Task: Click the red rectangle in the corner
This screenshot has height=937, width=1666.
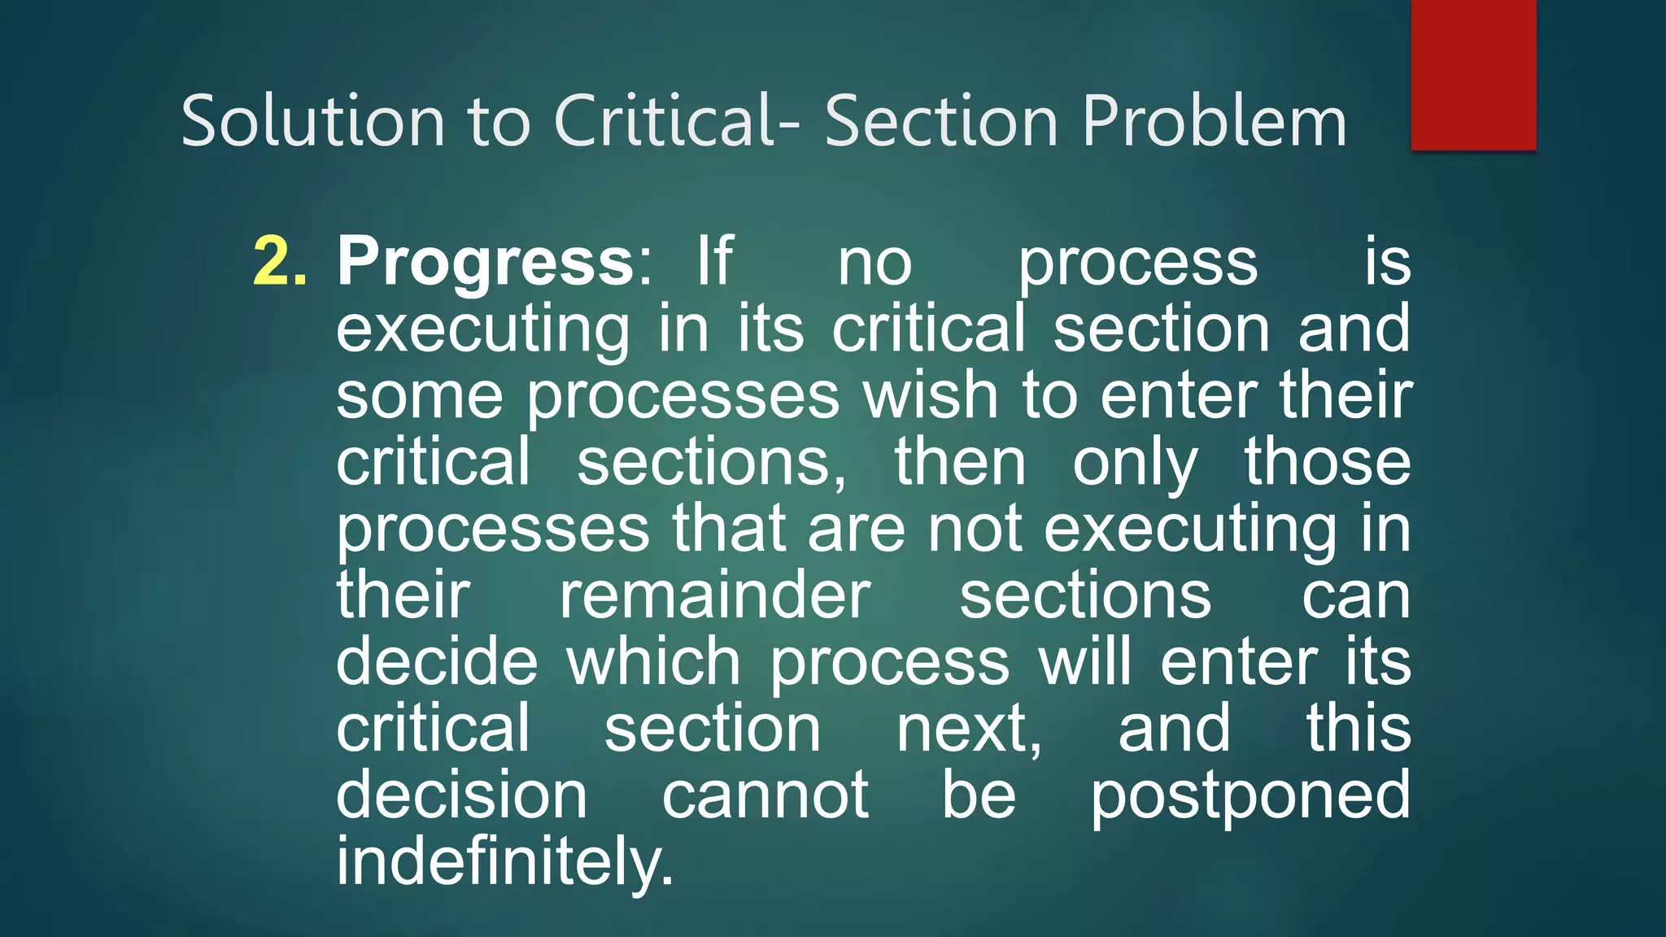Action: tap(1473, 75)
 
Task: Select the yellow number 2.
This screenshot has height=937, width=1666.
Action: tap(280, 262)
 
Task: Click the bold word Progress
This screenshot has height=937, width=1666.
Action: tap(486, 262)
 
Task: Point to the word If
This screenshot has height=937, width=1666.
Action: tap(715, 262)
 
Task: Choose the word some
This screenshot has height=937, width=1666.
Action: tap(420, 395)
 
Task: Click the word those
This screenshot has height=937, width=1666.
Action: tap(1328, 462)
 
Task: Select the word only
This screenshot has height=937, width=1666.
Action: tap(1135, 464)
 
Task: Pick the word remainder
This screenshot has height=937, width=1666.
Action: tap(715, 595)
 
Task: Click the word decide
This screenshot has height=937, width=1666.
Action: tap(437, 662)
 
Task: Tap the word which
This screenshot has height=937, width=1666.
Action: tap(653, 662)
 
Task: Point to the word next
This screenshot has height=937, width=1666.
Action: tap(968, 729)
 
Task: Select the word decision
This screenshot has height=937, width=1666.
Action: tap(461, 795)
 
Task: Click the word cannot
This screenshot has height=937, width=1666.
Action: tap(765, 795)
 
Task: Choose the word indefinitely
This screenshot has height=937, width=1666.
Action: tap(505, 862)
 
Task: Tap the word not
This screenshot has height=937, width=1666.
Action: tap(975, 529)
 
